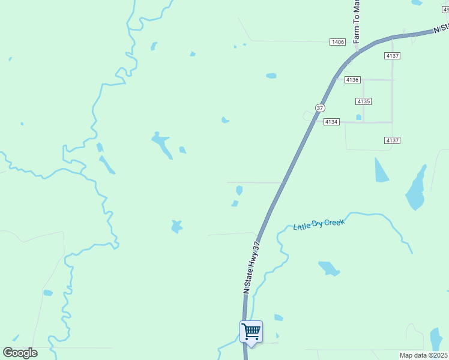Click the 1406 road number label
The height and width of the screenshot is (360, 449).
[x=338, y=41]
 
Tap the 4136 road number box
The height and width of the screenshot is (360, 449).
[x=352, y=80]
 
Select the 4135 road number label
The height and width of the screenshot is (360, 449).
[x=363, y=101]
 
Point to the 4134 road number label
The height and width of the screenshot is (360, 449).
[x=331, y=122]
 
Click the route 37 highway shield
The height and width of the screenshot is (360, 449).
[x=319, y=108]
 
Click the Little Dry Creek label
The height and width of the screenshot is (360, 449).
[x=319, y=224]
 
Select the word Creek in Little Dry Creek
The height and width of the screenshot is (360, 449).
[x=334, y=223]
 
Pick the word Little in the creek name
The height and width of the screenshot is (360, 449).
[x=301, y=227]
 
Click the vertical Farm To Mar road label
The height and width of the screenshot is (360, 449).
[x=356, y=22]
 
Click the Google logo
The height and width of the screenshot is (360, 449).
[x=20, y=353]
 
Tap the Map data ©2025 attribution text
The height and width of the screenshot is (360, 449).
[x=423, y=355]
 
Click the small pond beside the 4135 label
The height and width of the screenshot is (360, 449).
[x=358, y=117]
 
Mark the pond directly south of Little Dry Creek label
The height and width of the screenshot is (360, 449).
[x=329, y=268]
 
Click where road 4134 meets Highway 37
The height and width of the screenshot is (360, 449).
[x=313, y=122]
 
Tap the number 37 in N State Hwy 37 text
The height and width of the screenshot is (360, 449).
[x=258, y=247]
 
